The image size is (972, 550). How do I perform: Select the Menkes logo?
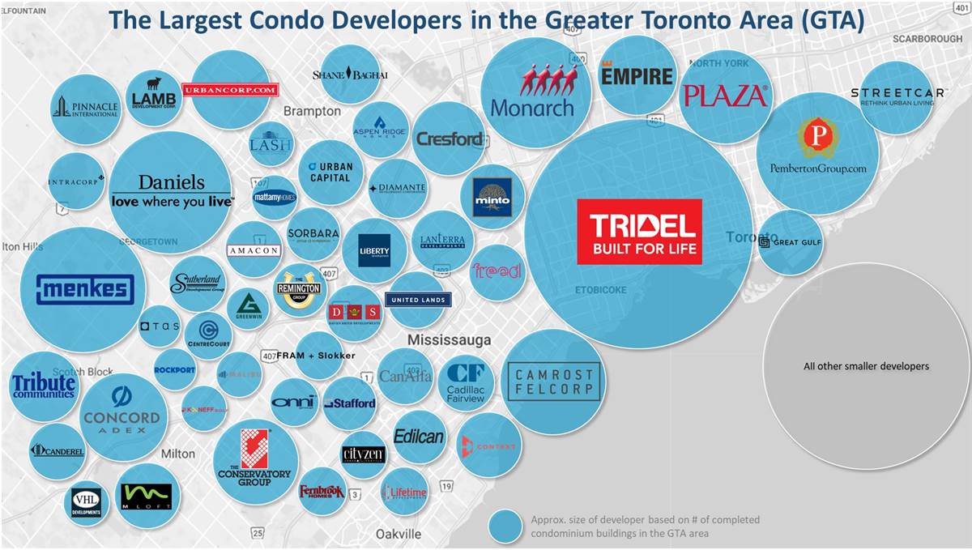click(x=84, y=289)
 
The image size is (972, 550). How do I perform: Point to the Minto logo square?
click(x=492, y=197)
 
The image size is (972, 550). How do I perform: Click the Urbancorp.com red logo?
click(x=230, y=90)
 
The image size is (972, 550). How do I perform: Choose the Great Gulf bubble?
click(x=790, y=242)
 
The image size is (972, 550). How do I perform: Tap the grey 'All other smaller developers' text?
click(x=866, y=366)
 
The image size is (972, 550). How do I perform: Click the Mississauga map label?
click(x=450, y=339)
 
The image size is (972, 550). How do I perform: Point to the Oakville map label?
click(x=399, y=534)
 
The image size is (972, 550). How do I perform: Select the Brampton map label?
click(x=312, y=110)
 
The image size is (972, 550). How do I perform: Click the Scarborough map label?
click(x=927, y=39)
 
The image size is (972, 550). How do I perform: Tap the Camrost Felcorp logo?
click(x=554, y=382)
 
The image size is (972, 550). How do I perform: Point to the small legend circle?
click(x=505, y=527)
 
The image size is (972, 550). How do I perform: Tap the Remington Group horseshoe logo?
click(x=298, y=288)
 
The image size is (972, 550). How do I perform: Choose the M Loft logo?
click(x=145, y=497)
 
